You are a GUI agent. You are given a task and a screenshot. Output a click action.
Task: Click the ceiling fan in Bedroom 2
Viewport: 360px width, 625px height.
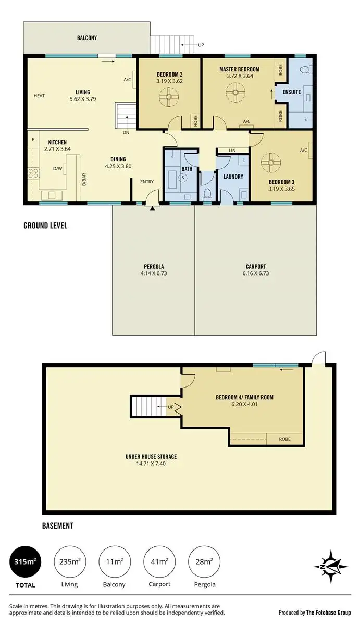(169, 97)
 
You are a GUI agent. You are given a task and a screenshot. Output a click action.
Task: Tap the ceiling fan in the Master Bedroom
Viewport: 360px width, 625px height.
(235, 94)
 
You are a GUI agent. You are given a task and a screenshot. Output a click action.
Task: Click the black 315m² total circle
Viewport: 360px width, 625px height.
(24, 561)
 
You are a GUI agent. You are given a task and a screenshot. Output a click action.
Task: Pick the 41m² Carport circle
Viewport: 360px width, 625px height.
(159, 561)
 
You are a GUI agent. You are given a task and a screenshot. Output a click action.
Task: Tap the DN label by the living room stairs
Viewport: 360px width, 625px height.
(126, 133)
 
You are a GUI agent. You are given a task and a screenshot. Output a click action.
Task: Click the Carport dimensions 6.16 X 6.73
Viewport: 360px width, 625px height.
(255, 273)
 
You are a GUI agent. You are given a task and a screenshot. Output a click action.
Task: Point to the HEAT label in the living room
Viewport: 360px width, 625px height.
(39, 96)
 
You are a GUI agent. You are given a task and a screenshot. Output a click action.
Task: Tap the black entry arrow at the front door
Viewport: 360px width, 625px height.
(152, 209)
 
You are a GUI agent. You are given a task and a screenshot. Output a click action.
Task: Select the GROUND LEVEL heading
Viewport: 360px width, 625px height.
(45, 226)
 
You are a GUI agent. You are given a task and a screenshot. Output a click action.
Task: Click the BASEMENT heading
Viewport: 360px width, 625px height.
(57, 526)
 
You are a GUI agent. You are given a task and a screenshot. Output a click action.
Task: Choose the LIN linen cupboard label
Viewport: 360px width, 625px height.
(232, 151)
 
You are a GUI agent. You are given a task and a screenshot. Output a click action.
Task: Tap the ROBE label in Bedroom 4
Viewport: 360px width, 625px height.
(284, 439)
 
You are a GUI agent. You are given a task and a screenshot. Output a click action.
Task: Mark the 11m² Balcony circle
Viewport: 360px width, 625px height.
(114, 561)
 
